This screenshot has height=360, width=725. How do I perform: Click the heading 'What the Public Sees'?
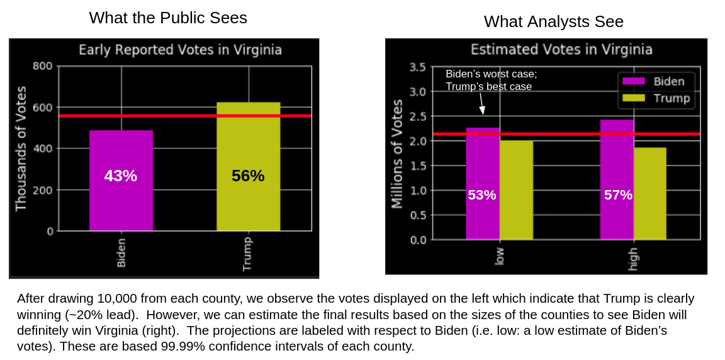coord(168,18)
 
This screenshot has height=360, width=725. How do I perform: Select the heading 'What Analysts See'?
coord(553,21)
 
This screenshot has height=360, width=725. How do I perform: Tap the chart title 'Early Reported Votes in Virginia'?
coord(180,50)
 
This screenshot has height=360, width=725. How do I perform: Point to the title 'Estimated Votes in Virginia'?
coord(561,50)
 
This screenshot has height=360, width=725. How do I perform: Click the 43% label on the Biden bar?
coord(121,176)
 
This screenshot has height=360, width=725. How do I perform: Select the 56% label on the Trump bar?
coord(248,176)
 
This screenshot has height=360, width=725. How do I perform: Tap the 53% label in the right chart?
coord(482,195)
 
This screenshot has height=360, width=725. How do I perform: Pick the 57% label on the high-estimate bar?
coord(618,195)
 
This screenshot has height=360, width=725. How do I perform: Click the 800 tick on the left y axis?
coord(43,66)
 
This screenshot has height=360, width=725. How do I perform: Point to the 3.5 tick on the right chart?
coord(418,67)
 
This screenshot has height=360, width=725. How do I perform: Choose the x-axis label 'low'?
coord(500,256)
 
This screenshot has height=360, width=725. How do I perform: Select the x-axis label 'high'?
coord(633,259)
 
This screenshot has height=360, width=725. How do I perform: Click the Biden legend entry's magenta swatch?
coord(634,81)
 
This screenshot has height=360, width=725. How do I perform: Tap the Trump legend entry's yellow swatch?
coord(634,98)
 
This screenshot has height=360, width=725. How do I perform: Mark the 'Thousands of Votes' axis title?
coord(21,149)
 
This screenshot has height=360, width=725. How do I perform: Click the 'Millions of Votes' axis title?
coord(397,154)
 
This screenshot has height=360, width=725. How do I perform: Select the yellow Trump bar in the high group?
coord(650,193)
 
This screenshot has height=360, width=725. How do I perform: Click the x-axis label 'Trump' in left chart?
coord(247,254)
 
